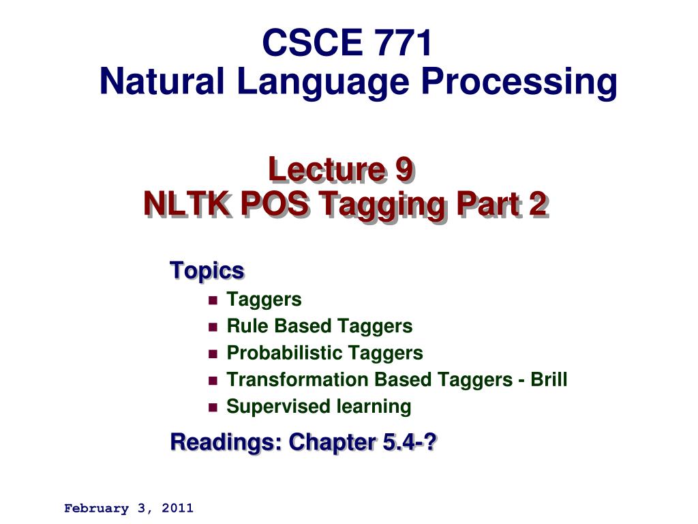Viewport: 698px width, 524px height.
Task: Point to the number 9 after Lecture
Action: [403, 170]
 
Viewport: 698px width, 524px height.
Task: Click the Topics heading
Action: [207, 270]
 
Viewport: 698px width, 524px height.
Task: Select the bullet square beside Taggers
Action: [212, 300]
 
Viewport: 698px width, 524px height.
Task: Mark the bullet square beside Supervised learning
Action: [212, 407]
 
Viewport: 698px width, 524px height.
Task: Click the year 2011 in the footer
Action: [178, 508]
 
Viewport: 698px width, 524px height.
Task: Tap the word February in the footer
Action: [96, 508]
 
